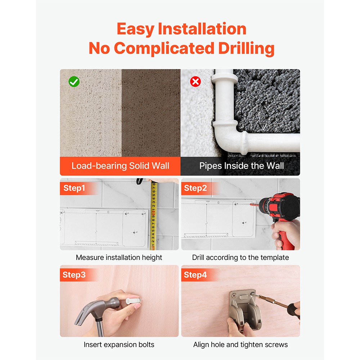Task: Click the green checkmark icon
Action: (x=74, y=81)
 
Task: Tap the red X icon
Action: (x=195, y=81)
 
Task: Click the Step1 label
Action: (x=74, y=188)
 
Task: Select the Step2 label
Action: (x=195, y=188)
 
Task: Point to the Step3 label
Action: (x=74, y=275)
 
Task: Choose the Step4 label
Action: (x=195, y=275)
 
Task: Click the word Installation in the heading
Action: (x=202, y=29)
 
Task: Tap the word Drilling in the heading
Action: (x=246, y=49)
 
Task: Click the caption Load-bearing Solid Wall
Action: (x=120, y=166)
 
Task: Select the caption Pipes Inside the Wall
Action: (x=242, y=166)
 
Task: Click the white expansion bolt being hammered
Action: (x=133, y=301)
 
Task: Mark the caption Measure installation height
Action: (x=119, y=258)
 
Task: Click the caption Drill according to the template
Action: (x=240, y=258)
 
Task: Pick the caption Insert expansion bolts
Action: (x=119, y=345)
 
